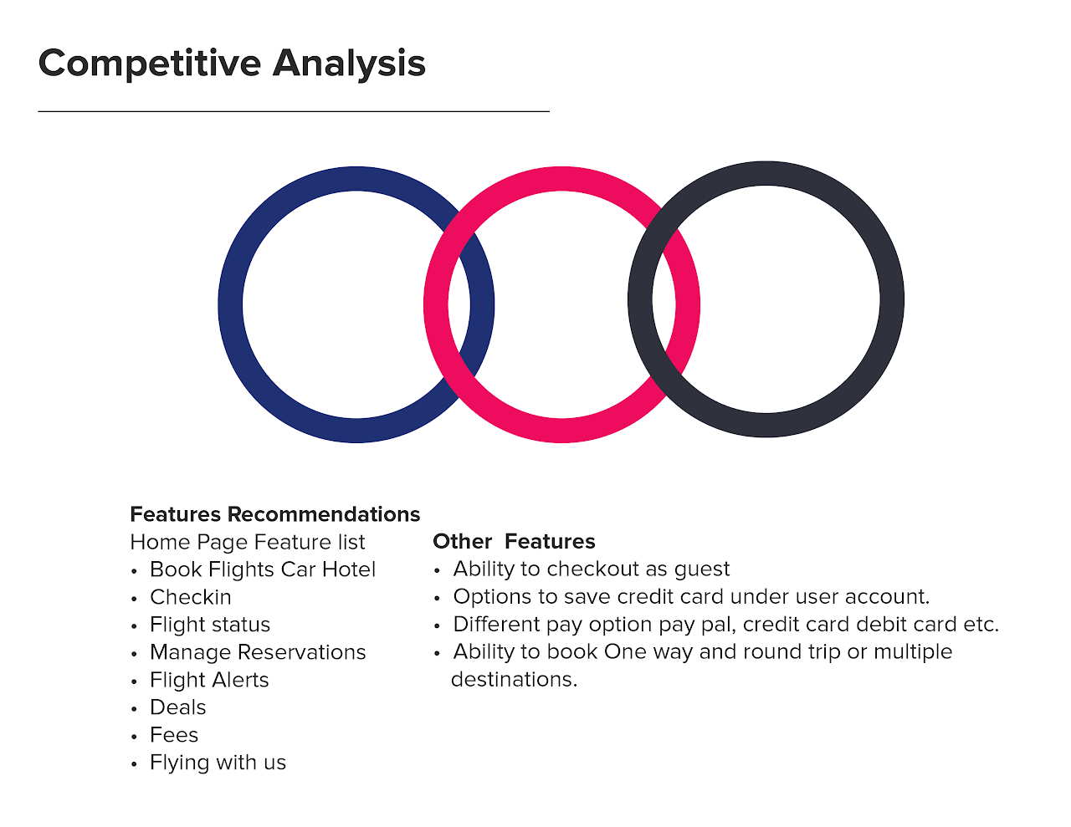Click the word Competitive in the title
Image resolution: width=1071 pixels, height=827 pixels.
click(150, 64)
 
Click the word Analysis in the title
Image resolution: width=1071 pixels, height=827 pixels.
click(349, 64)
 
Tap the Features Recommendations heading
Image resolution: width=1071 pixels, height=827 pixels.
click(275, 514)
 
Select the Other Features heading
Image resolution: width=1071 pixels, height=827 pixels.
click(514, 542)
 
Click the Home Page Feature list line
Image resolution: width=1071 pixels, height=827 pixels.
click(248, 543)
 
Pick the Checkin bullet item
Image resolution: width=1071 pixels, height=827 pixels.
click(191, 597)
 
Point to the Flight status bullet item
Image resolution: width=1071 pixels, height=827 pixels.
click(210, 625)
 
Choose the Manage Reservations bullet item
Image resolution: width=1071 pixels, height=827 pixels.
click(258, 652)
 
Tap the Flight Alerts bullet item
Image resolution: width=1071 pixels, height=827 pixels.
click(209, 680)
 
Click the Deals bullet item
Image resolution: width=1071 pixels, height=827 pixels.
click(178, 707)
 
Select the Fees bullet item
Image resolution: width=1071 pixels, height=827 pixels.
click(174, 735)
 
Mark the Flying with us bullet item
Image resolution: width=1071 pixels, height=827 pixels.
click(218, 763)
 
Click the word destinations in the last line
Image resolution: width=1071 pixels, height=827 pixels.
click(513, 680)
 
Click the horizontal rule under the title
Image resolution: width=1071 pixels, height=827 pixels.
click(294, 111)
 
